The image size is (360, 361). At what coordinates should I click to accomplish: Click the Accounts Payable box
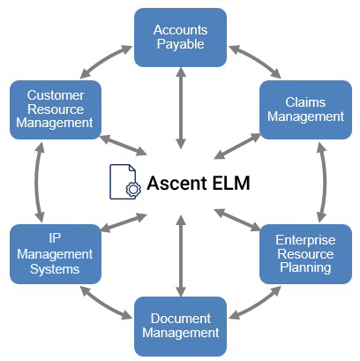coord(180,37)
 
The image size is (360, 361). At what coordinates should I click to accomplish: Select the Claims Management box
coord(305,109)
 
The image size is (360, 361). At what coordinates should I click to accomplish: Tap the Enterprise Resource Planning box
coord(305,254)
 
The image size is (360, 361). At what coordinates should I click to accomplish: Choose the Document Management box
coord(180,327)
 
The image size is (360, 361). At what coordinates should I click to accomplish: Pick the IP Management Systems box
coord(56,254)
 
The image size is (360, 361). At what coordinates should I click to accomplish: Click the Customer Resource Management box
coord(56,109)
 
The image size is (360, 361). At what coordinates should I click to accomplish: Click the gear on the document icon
coord(133,189)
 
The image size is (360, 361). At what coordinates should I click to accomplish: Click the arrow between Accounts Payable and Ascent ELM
coord(181,109)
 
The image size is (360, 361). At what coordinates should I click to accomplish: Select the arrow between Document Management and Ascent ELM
coord(181,256)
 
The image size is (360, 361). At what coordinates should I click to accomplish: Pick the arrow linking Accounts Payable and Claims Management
coord(255,61)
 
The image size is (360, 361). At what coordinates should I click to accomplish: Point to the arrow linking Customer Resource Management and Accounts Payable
coord(106,61)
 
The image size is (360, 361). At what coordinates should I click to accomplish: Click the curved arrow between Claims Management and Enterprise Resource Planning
coord(325,182)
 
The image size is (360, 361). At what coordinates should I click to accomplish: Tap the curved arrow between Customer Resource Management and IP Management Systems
coord(36,182)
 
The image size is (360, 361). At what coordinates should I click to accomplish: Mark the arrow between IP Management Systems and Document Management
coord(106,303)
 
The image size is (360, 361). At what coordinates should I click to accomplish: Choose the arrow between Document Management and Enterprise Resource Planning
coord(255,303)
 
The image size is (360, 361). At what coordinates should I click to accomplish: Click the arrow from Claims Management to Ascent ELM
coord(237,147)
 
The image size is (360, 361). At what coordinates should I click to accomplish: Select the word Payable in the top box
coord(181,45)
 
